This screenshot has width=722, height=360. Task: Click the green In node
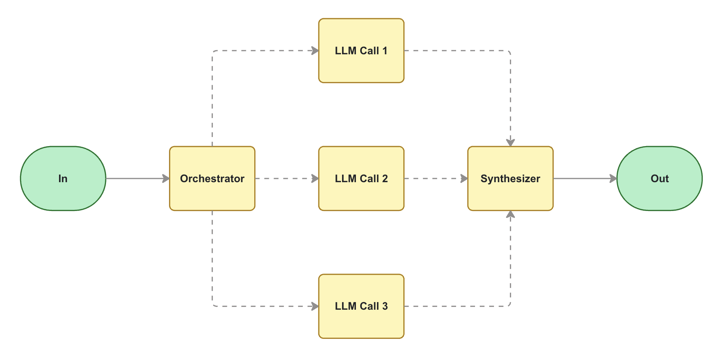coord(63,179)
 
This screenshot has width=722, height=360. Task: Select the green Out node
coord(659,179)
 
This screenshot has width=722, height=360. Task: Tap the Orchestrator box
coord(212,179)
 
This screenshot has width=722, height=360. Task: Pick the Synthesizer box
coord(510,179)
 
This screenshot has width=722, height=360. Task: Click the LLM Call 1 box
coord(361,51)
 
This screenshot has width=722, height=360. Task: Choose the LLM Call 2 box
coord(361,179)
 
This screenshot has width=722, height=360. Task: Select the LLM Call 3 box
coord(361,306)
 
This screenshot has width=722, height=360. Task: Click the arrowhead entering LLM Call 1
coord(315,51)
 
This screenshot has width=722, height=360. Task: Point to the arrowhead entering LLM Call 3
coord(315,306)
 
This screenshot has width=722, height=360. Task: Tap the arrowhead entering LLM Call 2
coord(315,179)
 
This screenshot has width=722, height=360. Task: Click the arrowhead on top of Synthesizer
coord(510,142)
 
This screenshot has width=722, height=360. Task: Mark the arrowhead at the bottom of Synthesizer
coord(510,215)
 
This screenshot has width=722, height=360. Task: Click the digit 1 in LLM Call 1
coord(385,51)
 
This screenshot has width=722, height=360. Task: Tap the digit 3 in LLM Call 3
coord(385,306)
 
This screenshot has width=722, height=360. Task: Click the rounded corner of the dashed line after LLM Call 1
coord(509,52)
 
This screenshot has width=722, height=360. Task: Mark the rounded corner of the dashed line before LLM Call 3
coord(213,305)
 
